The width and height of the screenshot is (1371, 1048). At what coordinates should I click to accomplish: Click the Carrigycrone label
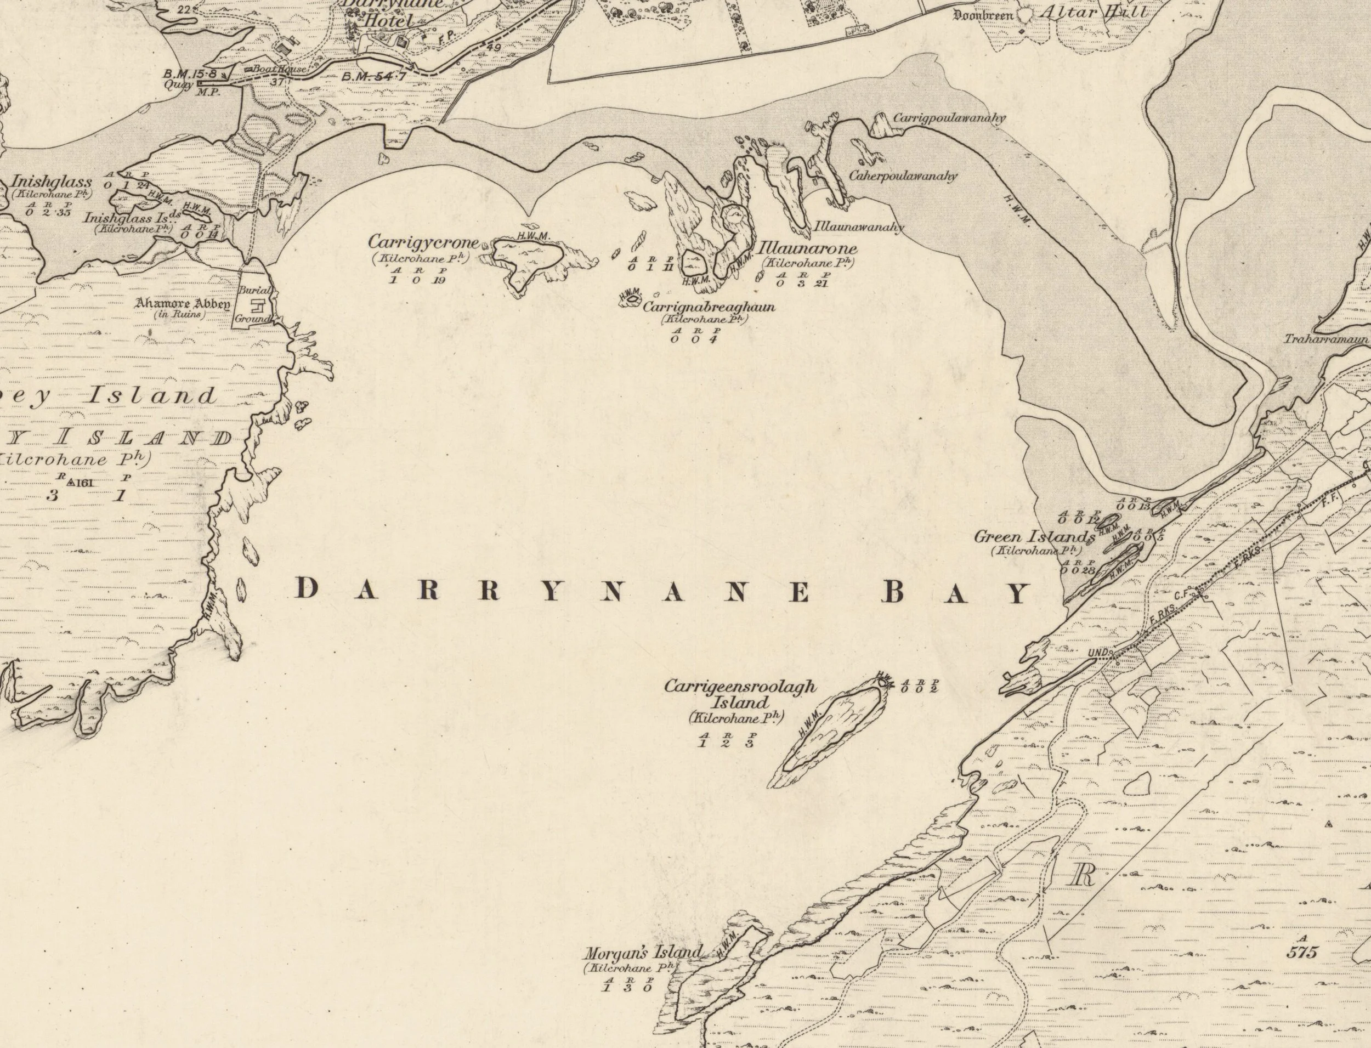(x=423, y=242)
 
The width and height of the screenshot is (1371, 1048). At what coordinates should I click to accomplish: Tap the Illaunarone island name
(x=807, y=248)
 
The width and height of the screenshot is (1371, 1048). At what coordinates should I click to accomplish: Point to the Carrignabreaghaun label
(x=709, y=307)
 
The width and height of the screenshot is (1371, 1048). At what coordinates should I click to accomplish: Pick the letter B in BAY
(x=894, y=591)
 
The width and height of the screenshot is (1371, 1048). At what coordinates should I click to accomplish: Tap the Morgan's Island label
(x=643, y=953)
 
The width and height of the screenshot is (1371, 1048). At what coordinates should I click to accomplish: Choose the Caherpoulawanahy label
(x=903, y=177)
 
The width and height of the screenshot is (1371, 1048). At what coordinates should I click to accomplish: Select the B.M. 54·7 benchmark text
(x=373, y=76)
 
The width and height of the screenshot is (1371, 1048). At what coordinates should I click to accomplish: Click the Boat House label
(x=278, y=70)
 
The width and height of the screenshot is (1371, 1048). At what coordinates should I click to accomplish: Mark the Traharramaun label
(x=1326, y=340)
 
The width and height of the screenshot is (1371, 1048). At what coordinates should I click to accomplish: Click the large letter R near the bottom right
(x=1084, y=876)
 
